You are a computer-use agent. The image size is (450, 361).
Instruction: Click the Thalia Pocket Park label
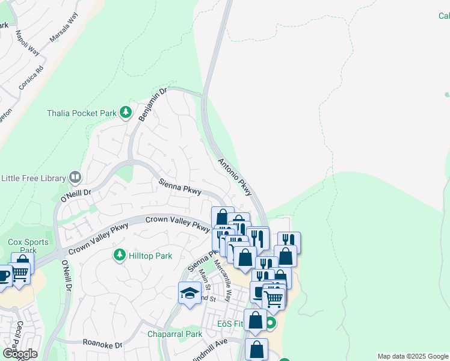tap(81, 113)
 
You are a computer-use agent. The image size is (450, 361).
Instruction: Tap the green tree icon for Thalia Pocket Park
tap(125, 112)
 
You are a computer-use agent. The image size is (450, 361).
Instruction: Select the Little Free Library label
tap(34, 178)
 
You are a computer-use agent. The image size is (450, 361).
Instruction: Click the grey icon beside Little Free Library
tap(75, 177)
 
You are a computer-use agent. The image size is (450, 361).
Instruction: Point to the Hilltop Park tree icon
tap(120, 255)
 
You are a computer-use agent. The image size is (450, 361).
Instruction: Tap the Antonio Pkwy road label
tap(234, 176)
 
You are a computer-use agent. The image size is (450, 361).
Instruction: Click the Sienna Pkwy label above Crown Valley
tap(180, 187)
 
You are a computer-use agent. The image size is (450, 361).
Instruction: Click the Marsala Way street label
tap(64, 28)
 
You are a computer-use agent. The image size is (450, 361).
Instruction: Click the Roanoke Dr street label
tap(102, 345)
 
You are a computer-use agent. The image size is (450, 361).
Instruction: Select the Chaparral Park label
tap(175, 334)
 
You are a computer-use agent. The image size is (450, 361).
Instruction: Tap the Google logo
tap(20, 354)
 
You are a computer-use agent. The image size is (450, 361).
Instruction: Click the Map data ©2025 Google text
tap(413, 356)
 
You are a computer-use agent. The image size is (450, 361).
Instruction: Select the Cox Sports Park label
tap(23, 246)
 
